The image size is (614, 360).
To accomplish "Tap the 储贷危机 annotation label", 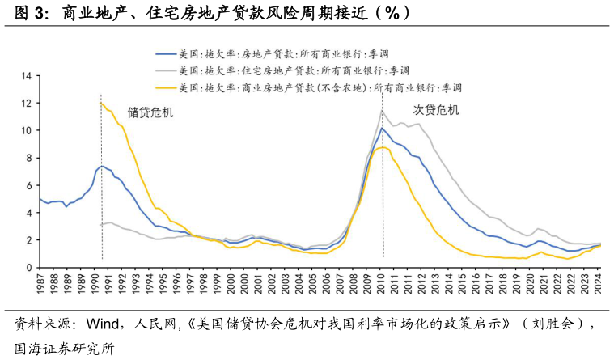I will [x=150, y=112].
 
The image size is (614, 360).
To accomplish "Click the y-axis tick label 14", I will [x=26, y=76].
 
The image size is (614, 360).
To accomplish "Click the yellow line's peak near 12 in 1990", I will [x=100, y=103].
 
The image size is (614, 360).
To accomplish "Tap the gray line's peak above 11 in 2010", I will [x=382, y=111].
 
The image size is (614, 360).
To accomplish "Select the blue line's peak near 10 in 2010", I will [x=381, y=128].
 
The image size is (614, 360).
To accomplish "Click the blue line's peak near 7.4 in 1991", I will [x=102, y=166].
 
